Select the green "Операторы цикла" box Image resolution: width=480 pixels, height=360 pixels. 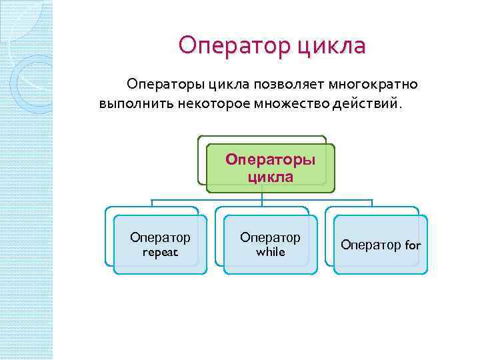270,169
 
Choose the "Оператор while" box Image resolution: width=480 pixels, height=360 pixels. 270,245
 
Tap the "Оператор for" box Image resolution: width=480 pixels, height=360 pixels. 381,245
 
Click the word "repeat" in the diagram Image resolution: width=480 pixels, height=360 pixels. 160,253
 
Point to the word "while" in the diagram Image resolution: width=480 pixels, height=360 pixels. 270,253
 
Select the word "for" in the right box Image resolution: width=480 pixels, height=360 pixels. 413,245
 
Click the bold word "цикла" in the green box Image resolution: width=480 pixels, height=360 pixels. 270,177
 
